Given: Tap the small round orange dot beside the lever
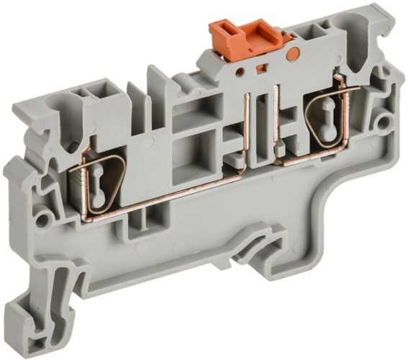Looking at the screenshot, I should coord(292,53).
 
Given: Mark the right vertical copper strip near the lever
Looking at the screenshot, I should coord(276,122).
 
